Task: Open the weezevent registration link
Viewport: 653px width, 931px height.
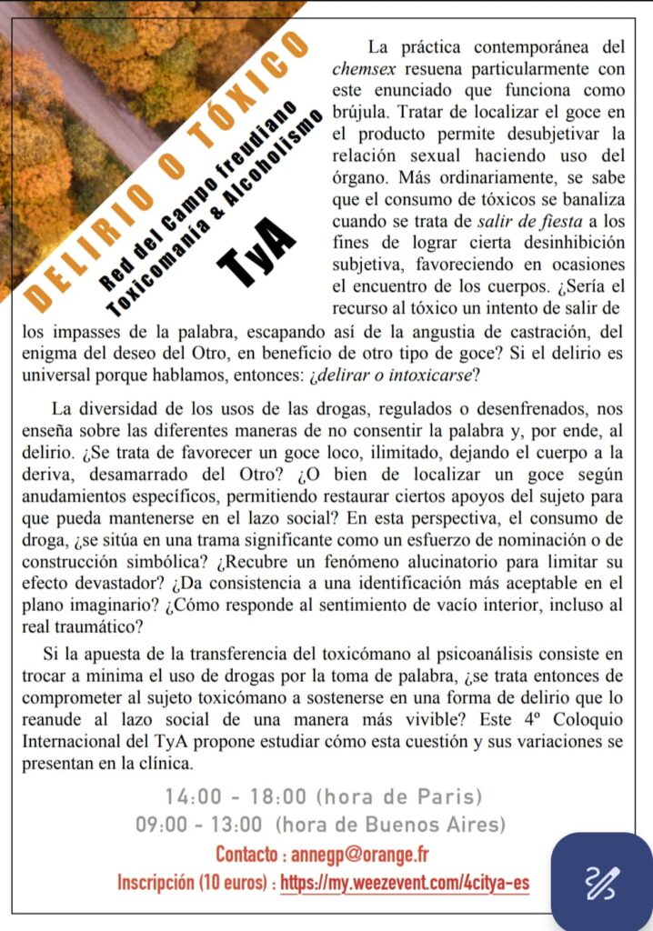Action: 405,883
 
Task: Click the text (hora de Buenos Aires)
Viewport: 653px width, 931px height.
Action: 390,826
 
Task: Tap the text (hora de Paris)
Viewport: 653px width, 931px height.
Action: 398,796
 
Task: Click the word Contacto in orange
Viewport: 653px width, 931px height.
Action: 246,855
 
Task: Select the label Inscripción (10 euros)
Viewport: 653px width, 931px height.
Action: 194,883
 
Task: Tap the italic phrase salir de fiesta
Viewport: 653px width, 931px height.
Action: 541,221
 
